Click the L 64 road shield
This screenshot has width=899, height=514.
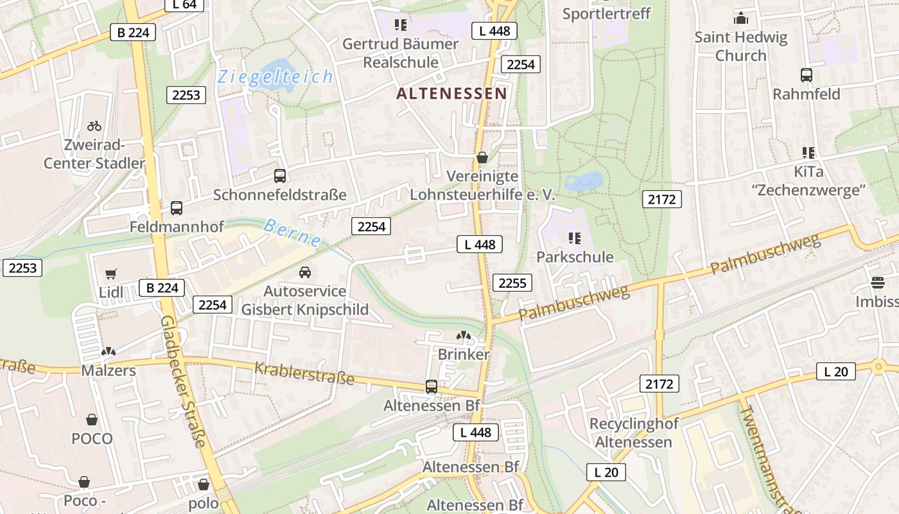click(x=184, y=5)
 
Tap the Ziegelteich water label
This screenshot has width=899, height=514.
click(x=275, y=77)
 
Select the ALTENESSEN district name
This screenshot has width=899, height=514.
click(x=451, y=94)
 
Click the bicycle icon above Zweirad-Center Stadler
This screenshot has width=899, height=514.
click(x=94, y=126)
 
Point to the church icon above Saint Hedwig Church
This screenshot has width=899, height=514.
click(x=741, y=18)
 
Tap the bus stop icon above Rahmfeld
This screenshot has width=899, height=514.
click(x=807, y=75)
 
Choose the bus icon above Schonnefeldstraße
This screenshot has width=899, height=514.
click(x=280, y=176)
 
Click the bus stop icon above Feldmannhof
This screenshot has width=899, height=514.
click(x=177, y=208)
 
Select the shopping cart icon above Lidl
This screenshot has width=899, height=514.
click(x=111, y=274)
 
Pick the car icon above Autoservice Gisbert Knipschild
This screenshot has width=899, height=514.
click(x=305, y=272)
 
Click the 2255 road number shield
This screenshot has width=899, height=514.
click(x=512, y=283)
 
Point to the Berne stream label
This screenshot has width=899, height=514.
click(x=293, y=233)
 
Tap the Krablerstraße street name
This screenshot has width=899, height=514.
click(x=304, y=373)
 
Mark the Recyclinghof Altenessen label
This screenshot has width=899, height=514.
click(x=633, y=433)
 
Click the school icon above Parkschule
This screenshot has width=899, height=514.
click(x=575, y=238)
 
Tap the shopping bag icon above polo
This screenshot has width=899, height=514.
click(x=204, y=484)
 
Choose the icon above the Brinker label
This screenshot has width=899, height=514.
click(x=463, y=335)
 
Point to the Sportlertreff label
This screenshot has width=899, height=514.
click(x=606, y=13)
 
